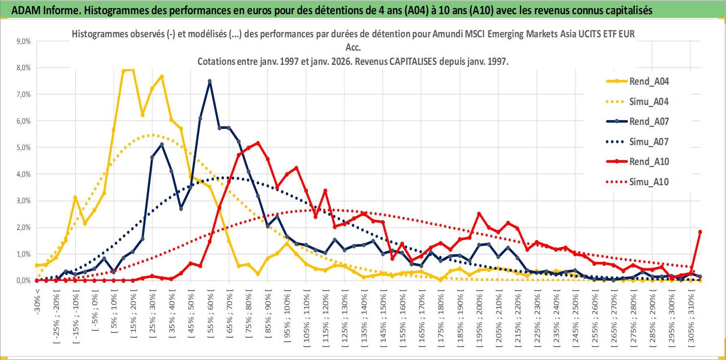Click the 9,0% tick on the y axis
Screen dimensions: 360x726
23,41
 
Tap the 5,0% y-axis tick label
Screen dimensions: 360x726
23,148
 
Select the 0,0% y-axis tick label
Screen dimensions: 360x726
23,281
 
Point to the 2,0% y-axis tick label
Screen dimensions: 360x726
23,227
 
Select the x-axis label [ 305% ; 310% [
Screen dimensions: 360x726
691,318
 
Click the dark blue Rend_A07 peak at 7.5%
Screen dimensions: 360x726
210,81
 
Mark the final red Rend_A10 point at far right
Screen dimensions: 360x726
700,232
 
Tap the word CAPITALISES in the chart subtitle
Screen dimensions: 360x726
413,62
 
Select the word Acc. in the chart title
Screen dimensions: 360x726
353,48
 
